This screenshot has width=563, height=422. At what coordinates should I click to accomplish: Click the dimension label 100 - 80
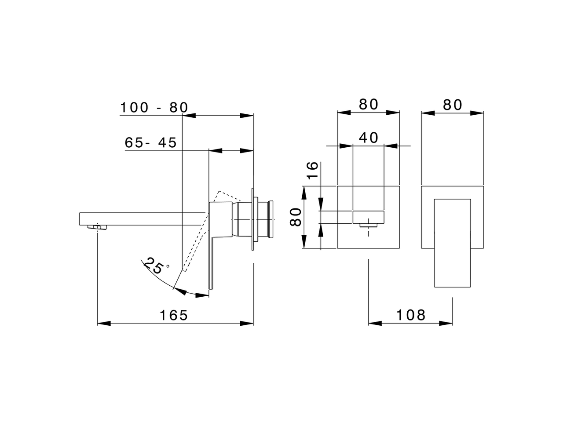pyautogui.click(x=154, y=107)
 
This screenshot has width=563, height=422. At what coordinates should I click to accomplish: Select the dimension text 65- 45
pyautogui.click(x=150, y=142)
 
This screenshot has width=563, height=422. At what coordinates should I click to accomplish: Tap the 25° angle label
pyautogui.click(x=156, y=266)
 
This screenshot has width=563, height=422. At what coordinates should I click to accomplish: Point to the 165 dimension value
pyautogui.click(x=173, y=315)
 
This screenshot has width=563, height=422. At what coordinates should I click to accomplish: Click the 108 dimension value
pyautogui.click(x=411, y=315)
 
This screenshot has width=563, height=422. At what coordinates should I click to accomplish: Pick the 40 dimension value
pyautogui.click(x=369, y=138)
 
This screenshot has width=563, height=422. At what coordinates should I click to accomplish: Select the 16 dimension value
pyautogui.click(x=311, y=170)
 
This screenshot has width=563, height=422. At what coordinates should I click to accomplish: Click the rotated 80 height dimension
pyautogui.click(x=297, y=217)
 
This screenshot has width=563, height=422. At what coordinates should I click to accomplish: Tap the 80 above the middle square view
pyautogui.click(x=369, y=105)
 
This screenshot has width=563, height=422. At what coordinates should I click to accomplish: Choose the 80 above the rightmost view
pyautogui.click(x=453, y=105)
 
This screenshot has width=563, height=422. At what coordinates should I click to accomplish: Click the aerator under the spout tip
pyautogui.click(x=97, y=227)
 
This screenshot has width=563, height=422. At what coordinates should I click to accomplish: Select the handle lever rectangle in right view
pyautogui.click(x=453, y=243)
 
